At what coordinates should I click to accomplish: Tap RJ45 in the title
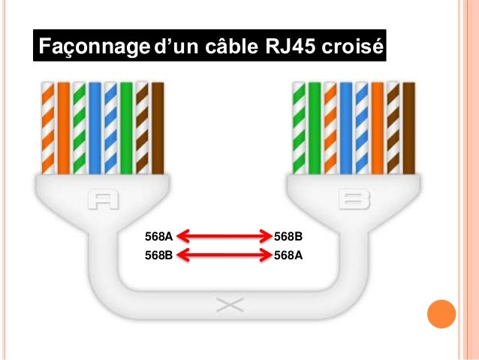point(291,48)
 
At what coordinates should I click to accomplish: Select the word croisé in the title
point(353,48)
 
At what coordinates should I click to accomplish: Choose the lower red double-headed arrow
point(223,254)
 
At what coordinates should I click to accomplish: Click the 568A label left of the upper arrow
point(158,237)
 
